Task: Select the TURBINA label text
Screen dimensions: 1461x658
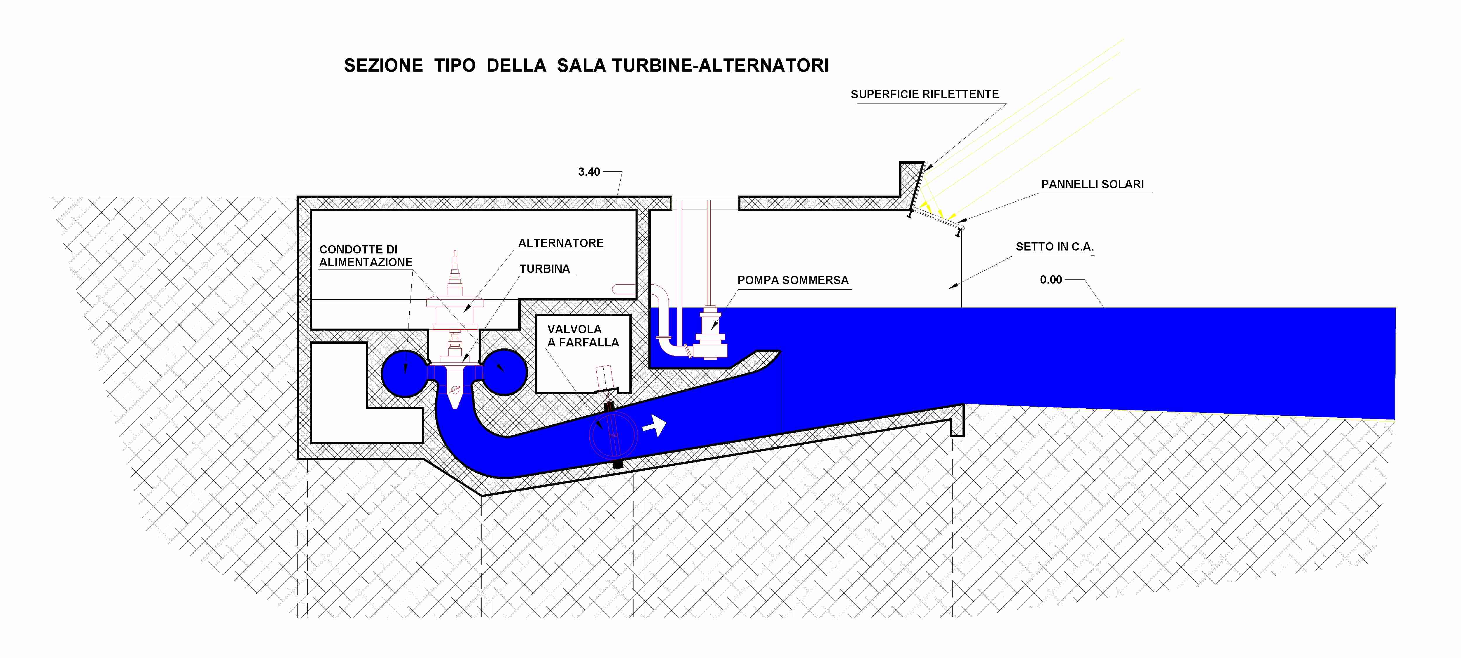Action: tap(544, 269)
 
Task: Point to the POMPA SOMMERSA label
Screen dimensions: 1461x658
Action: tap(793, 280)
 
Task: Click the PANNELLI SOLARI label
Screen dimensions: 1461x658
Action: tap(1092, 184)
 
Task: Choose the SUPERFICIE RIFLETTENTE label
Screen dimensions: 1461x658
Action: tap(925, 94)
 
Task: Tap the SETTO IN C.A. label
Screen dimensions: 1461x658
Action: tap(1054, 247)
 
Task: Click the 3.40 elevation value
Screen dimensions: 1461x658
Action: tap(589, 172)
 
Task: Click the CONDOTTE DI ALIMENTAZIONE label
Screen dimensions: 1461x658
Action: tap(366, 256)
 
